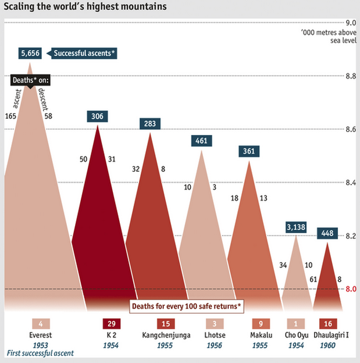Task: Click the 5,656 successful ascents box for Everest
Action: (x=30, y=53)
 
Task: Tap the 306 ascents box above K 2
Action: (x=97, y=116)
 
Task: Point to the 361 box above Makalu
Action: (x=249, y=151)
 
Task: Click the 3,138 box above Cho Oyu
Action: (x=297, y=226)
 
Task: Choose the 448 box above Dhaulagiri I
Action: (x=328, y=233)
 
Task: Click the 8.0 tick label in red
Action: (x=351, y=289)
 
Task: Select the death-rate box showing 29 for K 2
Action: (x=111, y=324)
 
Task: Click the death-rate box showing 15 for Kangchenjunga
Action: (x=166, y=324)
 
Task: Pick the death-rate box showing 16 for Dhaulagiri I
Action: (x=329, y=324)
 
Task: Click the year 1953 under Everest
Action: (x=41, y=345)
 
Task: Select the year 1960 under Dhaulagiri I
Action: (x=329, y=345)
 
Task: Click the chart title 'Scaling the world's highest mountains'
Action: (x=85, y=8)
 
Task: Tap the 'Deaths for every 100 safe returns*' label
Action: (x=186, y=305)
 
